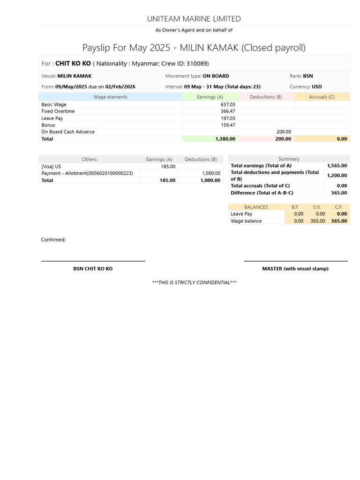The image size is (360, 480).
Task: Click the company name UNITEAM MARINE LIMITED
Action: [194, 19]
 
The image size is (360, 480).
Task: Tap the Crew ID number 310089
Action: [197, 63]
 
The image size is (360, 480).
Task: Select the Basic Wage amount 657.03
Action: [228, 105]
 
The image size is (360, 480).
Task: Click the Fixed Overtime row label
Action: [58, 111]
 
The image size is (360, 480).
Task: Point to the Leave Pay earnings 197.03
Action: [228, 118]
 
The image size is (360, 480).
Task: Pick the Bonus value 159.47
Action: [228, 125]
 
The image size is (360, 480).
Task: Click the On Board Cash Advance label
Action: [68, 132]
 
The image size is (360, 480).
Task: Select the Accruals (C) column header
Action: [322, 97]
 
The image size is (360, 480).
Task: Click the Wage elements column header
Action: [110, 97]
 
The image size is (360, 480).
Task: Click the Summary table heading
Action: [289, 159]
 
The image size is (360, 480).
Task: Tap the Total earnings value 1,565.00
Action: [337, 165]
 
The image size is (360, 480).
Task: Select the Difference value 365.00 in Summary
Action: [339, 193]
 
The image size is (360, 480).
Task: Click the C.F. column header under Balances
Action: [339, 207]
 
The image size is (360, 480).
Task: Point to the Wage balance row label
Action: [246, 221]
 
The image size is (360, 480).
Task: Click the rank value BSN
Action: [308, 76]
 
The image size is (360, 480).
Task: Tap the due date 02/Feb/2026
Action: [120, 87]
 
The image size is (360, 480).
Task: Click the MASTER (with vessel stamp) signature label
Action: [295, 269]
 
